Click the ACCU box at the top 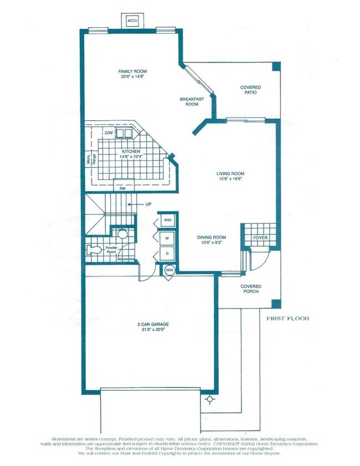point(132,21)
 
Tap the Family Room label point(132,71)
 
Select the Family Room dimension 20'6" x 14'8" point(132,78)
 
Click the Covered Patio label point(250,90)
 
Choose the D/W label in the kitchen point(109,134)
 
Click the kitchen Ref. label point(122,187)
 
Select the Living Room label point(230,173)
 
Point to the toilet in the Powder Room point(95,250)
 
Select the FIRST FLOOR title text point(287,319)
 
